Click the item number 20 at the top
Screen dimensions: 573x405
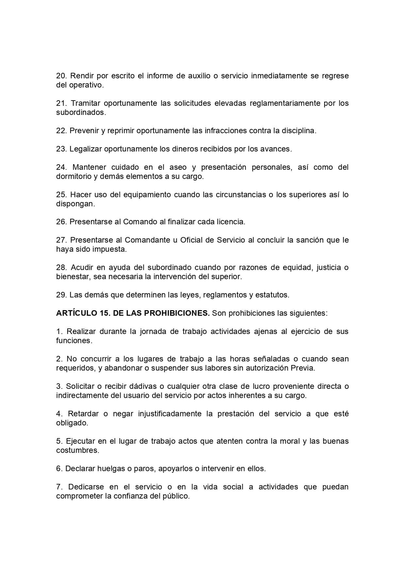click(x=61, y=76)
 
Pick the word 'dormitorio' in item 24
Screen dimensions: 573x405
click(x=73, y=176)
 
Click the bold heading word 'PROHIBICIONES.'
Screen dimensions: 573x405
click(x=177, y=313)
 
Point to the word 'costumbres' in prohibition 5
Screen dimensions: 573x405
click(x=77, y=450)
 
